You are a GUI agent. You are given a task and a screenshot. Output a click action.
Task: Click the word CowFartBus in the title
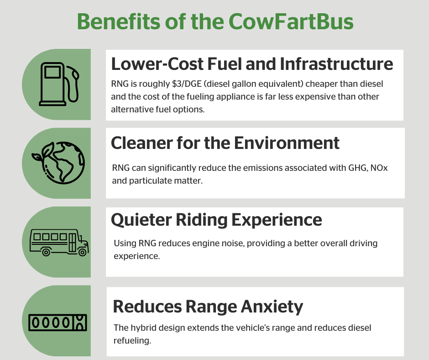click(291, 21)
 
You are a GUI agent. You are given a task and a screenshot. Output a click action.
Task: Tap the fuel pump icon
click(59, 84)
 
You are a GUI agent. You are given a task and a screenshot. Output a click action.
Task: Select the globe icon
click(58, 163)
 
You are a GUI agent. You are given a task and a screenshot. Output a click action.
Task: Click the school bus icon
click(59, 243)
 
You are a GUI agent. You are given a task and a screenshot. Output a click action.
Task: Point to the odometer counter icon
click(58, 323)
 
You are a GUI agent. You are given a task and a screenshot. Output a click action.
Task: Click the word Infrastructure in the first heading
click(336, 64)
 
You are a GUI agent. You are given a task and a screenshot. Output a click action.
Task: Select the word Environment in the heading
click(287, 143)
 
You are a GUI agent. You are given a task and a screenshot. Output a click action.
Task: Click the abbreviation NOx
click(379, 168)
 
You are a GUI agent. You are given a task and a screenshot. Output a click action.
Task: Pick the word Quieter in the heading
click(141, 220)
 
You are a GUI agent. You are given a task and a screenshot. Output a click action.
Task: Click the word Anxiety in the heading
click(272, 307)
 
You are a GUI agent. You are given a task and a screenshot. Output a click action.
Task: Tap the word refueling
click(132, 340)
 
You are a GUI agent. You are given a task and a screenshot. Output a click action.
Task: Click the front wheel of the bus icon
click(82, 252)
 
